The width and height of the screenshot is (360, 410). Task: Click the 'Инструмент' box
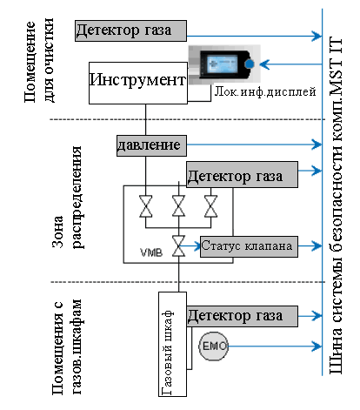[x=138, y=83]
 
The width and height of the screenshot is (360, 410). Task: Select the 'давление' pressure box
[x=151, y=145]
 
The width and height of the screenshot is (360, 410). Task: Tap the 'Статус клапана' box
[x=249, y=246]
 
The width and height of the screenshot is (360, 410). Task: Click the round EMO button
[x=214, y=346]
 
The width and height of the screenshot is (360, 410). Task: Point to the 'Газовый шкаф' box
[x=172, y=344]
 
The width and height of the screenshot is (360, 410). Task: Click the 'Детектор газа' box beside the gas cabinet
[x=242, y=316]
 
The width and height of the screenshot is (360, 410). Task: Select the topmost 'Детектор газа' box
[x=130, y=30]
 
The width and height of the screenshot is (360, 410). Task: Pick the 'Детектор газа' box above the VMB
[x=242, y=174]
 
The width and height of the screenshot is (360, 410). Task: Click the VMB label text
[x=151, y=252]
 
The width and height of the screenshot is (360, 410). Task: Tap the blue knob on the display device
[x=249, y=64]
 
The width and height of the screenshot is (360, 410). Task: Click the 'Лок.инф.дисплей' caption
[x=265, y=92]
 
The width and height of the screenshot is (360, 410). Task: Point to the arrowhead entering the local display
[x=264, y=64]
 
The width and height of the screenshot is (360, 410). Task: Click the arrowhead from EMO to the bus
[x=317, y=346]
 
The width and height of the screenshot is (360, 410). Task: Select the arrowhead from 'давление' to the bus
[x=317, y=145]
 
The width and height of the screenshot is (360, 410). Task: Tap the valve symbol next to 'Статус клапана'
[x=179, y=246]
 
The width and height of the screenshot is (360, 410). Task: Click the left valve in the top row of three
[x=145, y=206]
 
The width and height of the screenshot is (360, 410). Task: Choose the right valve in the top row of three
[x=210, y=206]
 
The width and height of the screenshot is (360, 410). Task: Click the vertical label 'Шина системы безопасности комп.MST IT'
[x=337, y=206]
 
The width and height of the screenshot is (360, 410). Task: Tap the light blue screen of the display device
[x=223, y=64]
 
